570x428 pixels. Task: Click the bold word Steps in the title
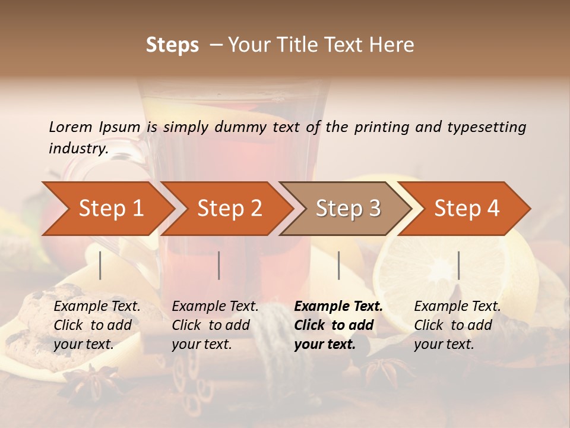[x=172, y=45]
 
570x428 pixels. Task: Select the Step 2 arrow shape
[x=229, y=209]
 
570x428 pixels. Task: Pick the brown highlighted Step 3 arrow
[x=348, y=209]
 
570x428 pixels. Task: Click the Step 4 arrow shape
[x=467, y=209]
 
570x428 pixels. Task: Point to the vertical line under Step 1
[x=100, y=265]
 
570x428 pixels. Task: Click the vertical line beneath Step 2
[x=219, y=265]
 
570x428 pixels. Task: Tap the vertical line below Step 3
[x=338, y=265]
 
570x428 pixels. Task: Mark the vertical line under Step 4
[x=458, y=265]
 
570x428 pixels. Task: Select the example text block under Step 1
[x=97, y=325]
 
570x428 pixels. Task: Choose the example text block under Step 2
[x=215, y=325]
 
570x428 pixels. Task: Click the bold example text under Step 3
[x=338, y=325]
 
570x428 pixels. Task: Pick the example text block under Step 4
[x=457, y=325]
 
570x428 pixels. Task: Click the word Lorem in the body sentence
[x=71, y=127]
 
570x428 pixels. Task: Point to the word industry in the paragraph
[x=78, y=149]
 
